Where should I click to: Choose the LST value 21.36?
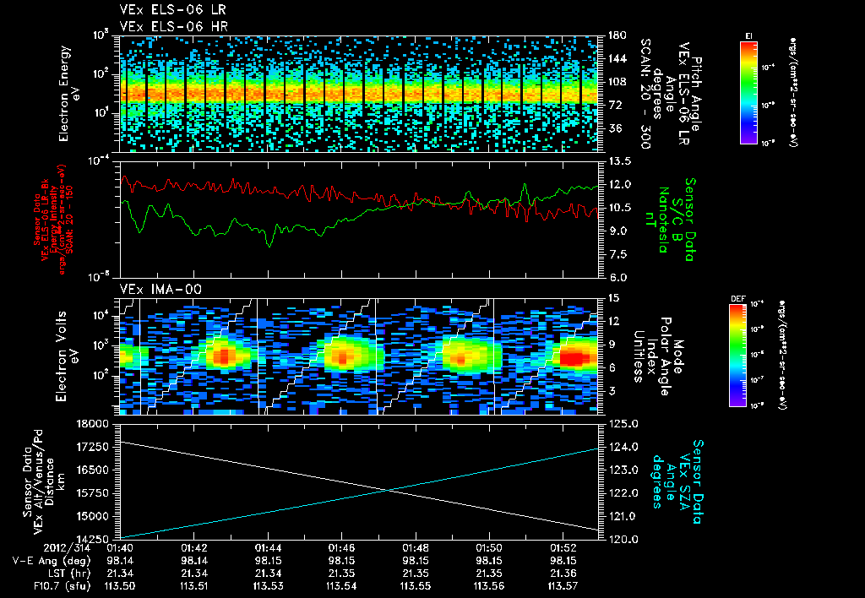[x=563, y=572]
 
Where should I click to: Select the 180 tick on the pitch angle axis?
[x=615, y=35]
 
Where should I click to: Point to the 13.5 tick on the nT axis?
[x=618, y=160]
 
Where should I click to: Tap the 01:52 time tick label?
[x=563, y=547]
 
